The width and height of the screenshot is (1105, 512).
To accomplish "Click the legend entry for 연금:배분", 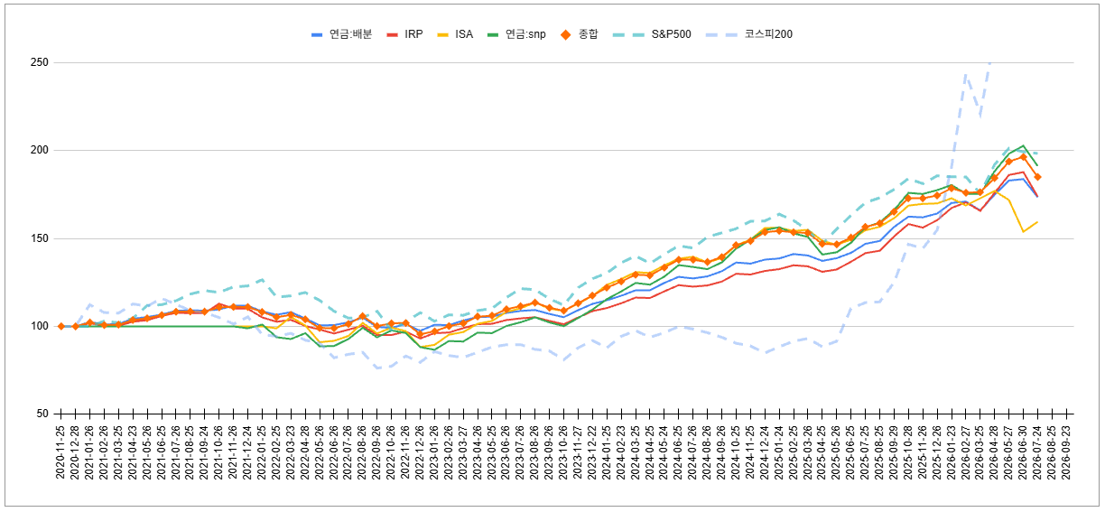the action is (341, 34).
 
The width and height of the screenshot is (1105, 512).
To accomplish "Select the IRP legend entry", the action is (405, 34).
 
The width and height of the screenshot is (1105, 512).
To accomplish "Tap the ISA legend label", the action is (455, 34).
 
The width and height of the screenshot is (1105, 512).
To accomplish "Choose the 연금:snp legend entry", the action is (516, 34).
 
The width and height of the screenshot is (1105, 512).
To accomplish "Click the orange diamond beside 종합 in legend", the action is (566, 34).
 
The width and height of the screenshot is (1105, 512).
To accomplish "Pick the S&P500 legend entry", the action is (652, 34).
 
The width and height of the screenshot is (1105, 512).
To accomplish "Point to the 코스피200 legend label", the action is (748, 34).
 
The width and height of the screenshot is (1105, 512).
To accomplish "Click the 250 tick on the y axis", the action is (40, 62).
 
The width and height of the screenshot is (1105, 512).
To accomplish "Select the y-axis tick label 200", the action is (40, 150).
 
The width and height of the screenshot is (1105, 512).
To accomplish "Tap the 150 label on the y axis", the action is (40, 238).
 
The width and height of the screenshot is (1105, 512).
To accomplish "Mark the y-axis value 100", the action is (40, 326).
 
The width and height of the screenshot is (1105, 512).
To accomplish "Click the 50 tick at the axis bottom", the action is (42, 414).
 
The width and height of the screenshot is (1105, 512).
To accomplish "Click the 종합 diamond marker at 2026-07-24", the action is (1037, 177).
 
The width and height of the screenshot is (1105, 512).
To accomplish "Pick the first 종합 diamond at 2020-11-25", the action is (61, 326).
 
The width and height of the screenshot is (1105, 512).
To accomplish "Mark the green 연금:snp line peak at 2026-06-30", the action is (1023, 145).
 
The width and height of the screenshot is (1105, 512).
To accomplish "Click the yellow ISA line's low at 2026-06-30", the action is (1023, 232).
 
